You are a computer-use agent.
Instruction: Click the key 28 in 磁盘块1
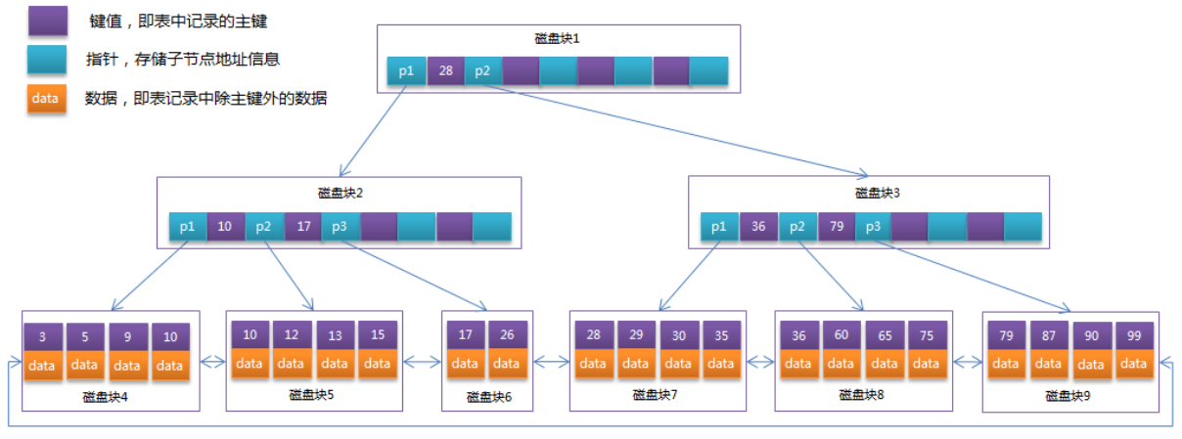pyautogui.click(x=445, y=71)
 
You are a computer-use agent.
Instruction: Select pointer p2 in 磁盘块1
pyautogui.click(x=482, y=71)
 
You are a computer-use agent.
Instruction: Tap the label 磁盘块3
pyautogui.click(x=869, y=193)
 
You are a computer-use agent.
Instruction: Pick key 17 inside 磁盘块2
pyautogui.click(x=302, y=226)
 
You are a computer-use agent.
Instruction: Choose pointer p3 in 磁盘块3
pyautogui.click(x=873, y=227)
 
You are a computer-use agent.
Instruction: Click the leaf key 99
pyautogui.click(x=1134, y=336)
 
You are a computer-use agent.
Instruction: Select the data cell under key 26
pyautogui.click(x=507, y=364)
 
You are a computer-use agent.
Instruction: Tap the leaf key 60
pyautogui.click(x=841, y=335)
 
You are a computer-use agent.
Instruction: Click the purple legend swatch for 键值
pyautogui.click(x=47, y=22)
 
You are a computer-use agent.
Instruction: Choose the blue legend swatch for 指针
pyautogui.click(x=47, y=60)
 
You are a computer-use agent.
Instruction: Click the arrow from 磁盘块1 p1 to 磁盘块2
pyautogui.click(x=373, y=131)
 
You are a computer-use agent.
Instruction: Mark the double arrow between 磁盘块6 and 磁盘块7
pyautogui.click(x=552, y=363)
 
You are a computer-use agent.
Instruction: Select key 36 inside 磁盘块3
pyautogui.click(x=757, y=227)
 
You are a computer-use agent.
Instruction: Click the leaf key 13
pyautogui.click(x=335, y=335)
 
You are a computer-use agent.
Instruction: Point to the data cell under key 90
pyautogui.click(x=1091, y=365)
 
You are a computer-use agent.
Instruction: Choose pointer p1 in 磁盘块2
pyautogui.click(x=187, y=226)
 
